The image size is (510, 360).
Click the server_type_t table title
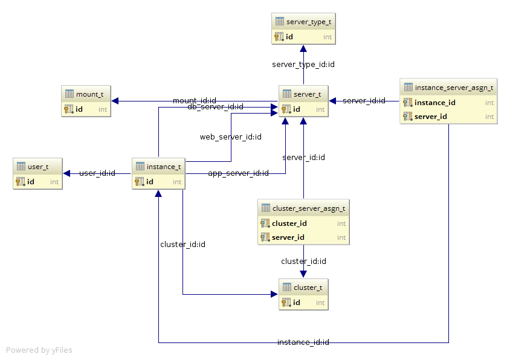pos(309,22)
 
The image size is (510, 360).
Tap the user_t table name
pos(38,167)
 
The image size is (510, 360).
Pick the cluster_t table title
pos(308,288)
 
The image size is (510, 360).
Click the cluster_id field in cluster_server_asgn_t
pos(289,223)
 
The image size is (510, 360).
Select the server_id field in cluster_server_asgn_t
pos(288,237)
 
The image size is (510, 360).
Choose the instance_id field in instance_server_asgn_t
pos(435,103)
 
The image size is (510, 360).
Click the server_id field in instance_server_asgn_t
pos(431,117)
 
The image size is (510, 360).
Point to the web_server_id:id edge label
pos(231,137)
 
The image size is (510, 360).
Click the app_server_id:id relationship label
pos(239,173)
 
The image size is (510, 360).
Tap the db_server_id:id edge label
pos(215,107)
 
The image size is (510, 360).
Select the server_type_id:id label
pos(303,65)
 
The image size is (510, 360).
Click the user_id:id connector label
pos(97,173)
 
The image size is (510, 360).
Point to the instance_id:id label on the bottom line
pos(303,342)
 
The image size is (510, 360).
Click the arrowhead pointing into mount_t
pos(115,101)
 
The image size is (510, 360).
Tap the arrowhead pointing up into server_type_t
pos(303,49)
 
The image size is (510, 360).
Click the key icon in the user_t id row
pos(21,181)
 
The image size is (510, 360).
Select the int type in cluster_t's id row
pos(320,303)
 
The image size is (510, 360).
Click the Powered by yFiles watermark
pos(39,350)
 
